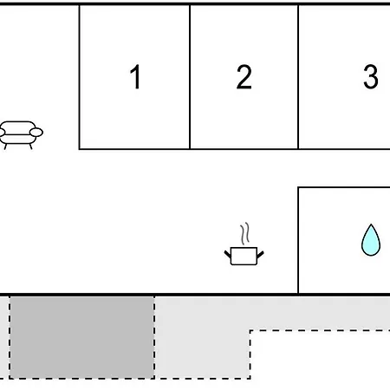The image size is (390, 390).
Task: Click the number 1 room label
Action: coord(135,77)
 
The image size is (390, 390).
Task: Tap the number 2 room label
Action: coord(244,77)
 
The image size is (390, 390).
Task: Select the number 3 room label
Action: coord(371,77)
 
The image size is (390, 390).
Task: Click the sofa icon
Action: coord(20,135)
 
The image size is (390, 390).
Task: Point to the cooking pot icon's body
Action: coord(244,256)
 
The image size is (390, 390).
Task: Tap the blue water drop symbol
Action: coord(371,240)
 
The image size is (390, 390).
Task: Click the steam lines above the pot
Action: coord(244,233)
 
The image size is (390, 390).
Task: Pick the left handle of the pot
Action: coord(228,254)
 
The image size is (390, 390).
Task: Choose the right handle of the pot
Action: coord(260,255)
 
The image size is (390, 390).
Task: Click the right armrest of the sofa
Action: coord(36,133)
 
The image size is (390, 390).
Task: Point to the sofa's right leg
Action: coord(30,146)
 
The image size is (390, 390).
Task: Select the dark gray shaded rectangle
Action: coord(82,337)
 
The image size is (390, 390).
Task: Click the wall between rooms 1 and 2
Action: coord(190,77)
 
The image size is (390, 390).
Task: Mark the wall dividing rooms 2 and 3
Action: coord(298,77)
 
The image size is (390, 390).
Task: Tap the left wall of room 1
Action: coord(80,77)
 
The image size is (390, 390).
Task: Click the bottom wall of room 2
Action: coord(244,149)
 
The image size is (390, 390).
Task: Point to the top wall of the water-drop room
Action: coord(344,187)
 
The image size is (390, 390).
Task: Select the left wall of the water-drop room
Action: coord(298,240)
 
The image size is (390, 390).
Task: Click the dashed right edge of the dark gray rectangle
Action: coord(154,337)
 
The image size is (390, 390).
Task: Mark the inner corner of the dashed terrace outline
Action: coord(250,331)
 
